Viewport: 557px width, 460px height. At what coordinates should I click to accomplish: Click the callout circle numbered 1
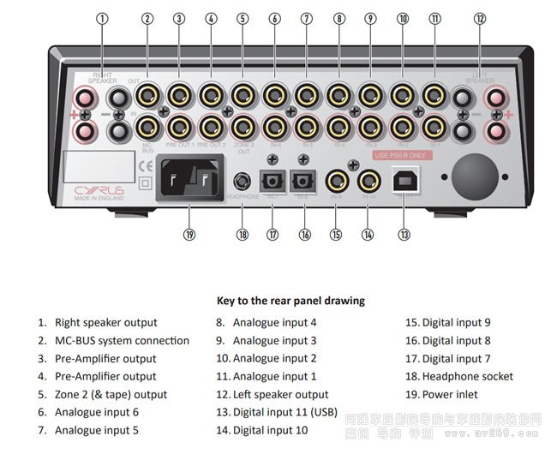[x=104, y=19]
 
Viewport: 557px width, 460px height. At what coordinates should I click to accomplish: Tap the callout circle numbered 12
[x=480, y=19]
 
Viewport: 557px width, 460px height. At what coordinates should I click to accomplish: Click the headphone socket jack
[x=243, y=182]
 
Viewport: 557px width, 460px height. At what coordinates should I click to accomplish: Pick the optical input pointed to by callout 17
[x=273, y=182]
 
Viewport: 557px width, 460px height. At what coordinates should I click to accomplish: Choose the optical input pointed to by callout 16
[x=302, y=182]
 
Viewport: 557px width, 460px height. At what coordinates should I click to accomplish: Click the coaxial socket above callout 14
[x=369, y=181]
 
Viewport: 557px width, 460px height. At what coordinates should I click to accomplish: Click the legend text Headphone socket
[x=467, y=376]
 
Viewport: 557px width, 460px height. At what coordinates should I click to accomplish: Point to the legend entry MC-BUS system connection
[x=122, y=340]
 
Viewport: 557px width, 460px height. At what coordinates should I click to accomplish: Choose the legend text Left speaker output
[x=280, y=395]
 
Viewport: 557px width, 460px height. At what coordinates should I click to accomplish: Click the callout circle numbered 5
[x=243, y=18]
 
